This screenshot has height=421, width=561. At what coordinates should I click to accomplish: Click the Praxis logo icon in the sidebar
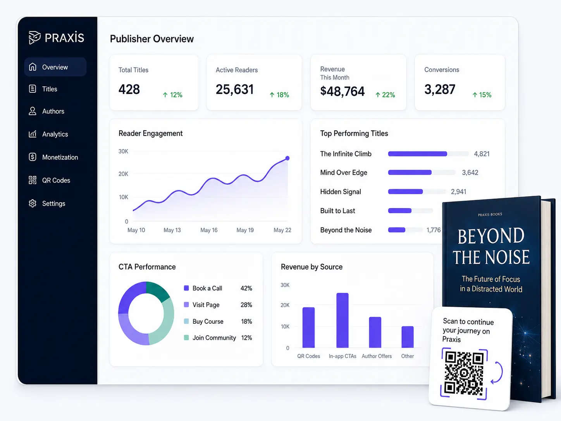[x=34, y=38]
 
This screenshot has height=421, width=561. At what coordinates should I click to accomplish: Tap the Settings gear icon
[x=33, y=204]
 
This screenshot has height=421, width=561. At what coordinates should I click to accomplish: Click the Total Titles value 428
[x=129, y=90]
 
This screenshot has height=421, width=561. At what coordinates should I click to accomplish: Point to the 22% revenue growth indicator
[x=385, y=95]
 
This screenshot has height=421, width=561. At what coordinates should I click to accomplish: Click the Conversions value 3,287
[x=440, y=90]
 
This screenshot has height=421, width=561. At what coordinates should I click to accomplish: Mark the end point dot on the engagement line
[x=287, y=158]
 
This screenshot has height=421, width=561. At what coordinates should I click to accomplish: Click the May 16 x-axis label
[x=209, y=230]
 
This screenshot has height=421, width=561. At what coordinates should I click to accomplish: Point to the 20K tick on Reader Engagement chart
[x=124, y=174]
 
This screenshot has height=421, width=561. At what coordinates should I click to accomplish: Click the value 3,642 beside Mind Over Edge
[x=470, y=173]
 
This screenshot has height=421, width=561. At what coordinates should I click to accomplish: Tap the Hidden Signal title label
[x=341, y=192]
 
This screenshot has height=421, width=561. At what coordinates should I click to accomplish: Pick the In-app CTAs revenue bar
[x=342, y=320]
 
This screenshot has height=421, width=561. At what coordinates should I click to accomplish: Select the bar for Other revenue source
[x=408, y=337]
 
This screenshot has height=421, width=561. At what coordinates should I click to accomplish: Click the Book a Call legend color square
[x=186, y=288]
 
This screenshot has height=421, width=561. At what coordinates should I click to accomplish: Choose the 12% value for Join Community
[x=247, y=338]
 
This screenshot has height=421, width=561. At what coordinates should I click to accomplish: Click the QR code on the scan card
[x=464, y=374]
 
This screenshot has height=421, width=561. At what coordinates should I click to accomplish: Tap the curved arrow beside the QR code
[x=498, y=373]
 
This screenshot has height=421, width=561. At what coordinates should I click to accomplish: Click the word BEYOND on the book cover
[x=491, y=236]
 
